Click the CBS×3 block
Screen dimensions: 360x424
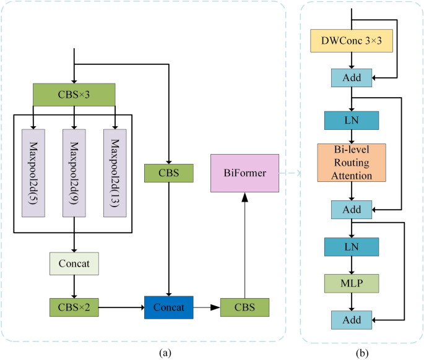[74, 95]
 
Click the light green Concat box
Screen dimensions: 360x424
[74, 264]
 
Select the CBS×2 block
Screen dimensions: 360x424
[74, 306]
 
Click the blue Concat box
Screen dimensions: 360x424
[168, 306]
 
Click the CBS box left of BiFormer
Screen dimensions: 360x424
[168, 173]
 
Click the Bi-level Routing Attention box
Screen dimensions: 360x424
[352, 163]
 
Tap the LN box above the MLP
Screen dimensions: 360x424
[352, 247]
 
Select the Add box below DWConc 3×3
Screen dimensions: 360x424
[352, 77]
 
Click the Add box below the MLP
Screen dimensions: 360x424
[352, 320]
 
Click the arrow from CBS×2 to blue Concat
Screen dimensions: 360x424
[121, 306]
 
